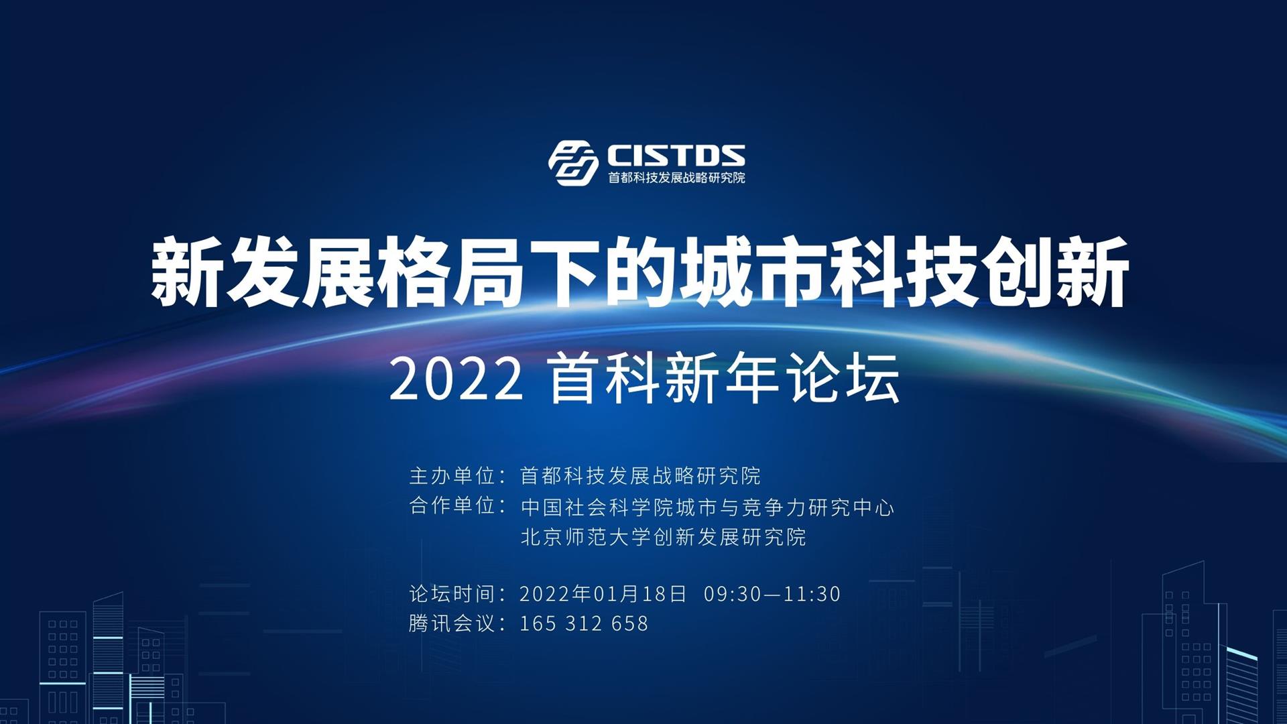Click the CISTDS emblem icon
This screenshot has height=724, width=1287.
point(573,163)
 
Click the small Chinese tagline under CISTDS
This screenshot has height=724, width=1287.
point(676,178)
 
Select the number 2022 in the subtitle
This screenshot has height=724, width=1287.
point(456,379)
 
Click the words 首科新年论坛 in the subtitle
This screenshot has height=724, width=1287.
point(724,379)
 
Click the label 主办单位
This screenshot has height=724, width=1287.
point(452,476)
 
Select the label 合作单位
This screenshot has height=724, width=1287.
point(452,505)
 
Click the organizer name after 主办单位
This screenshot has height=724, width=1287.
point(640,476)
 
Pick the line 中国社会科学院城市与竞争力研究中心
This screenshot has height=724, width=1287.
point(707,507)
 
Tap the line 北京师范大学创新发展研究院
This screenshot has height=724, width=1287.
point(663,537)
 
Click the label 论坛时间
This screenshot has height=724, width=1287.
point(452,594)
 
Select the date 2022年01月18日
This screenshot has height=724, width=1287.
point(603,594)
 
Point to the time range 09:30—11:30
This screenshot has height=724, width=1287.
point(772,594)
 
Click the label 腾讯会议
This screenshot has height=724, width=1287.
point(452,623)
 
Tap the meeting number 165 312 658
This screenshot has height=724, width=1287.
point(584,623)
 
